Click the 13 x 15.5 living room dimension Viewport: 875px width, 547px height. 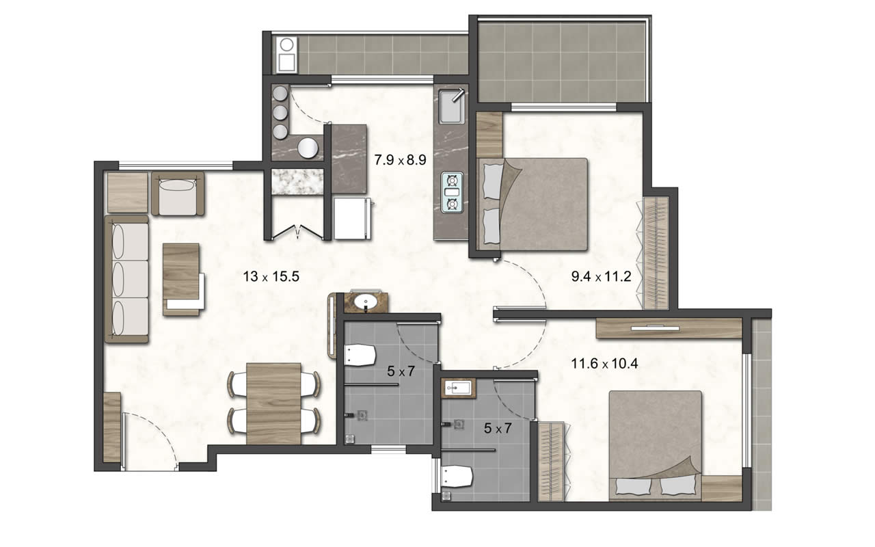point(271,277)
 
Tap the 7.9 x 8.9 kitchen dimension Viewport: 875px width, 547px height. point(400,160)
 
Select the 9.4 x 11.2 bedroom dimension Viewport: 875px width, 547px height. point(601,277)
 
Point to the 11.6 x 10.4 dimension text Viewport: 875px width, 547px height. point(605,364)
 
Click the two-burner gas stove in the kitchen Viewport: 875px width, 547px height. point(453,193)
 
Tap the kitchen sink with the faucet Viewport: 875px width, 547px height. point(452,106)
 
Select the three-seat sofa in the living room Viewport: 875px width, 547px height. point(126,280)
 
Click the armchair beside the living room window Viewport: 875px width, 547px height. point(178,194)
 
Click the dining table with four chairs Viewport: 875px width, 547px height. point(274,403)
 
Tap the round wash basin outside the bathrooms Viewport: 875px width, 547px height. point(366,302)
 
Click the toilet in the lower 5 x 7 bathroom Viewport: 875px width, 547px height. point(457,477)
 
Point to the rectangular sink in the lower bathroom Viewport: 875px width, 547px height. point(458,388)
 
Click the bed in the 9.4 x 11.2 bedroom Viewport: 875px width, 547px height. point(533,204)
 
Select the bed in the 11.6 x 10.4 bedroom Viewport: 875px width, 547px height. point(656,446)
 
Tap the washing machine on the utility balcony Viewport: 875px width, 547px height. point(286,55)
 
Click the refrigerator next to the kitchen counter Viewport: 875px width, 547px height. point(352,218)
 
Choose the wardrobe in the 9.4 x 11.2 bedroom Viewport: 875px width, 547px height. point(656,253)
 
